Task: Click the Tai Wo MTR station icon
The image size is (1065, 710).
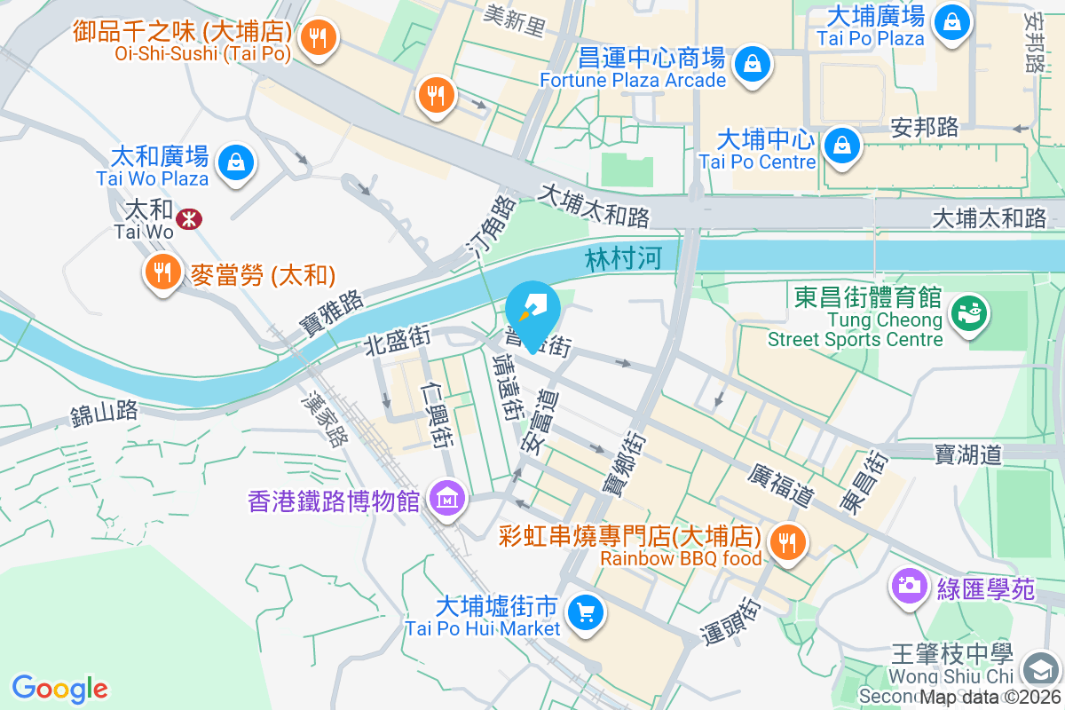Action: click(188, 218)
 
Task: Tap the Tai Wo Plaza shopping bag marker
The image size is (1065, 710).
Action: click(236, 162)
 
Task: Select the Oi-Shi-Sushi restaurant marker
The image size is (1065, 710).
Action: click(316, 38)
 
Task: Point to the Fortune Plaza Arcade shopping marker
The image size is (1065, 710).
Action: click(752, 64)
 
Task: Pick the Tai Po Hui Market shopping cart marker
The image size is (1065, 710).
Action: click(585, 611)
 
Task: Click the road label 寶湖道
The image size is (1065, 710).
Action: click(967, 455)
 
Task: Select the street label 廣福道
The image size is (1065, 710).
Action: click(781, 485)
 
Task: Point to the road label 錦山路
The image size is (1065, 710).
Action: click(105, 412)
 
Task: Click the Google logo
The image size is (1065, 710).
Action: click(60, 689)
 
